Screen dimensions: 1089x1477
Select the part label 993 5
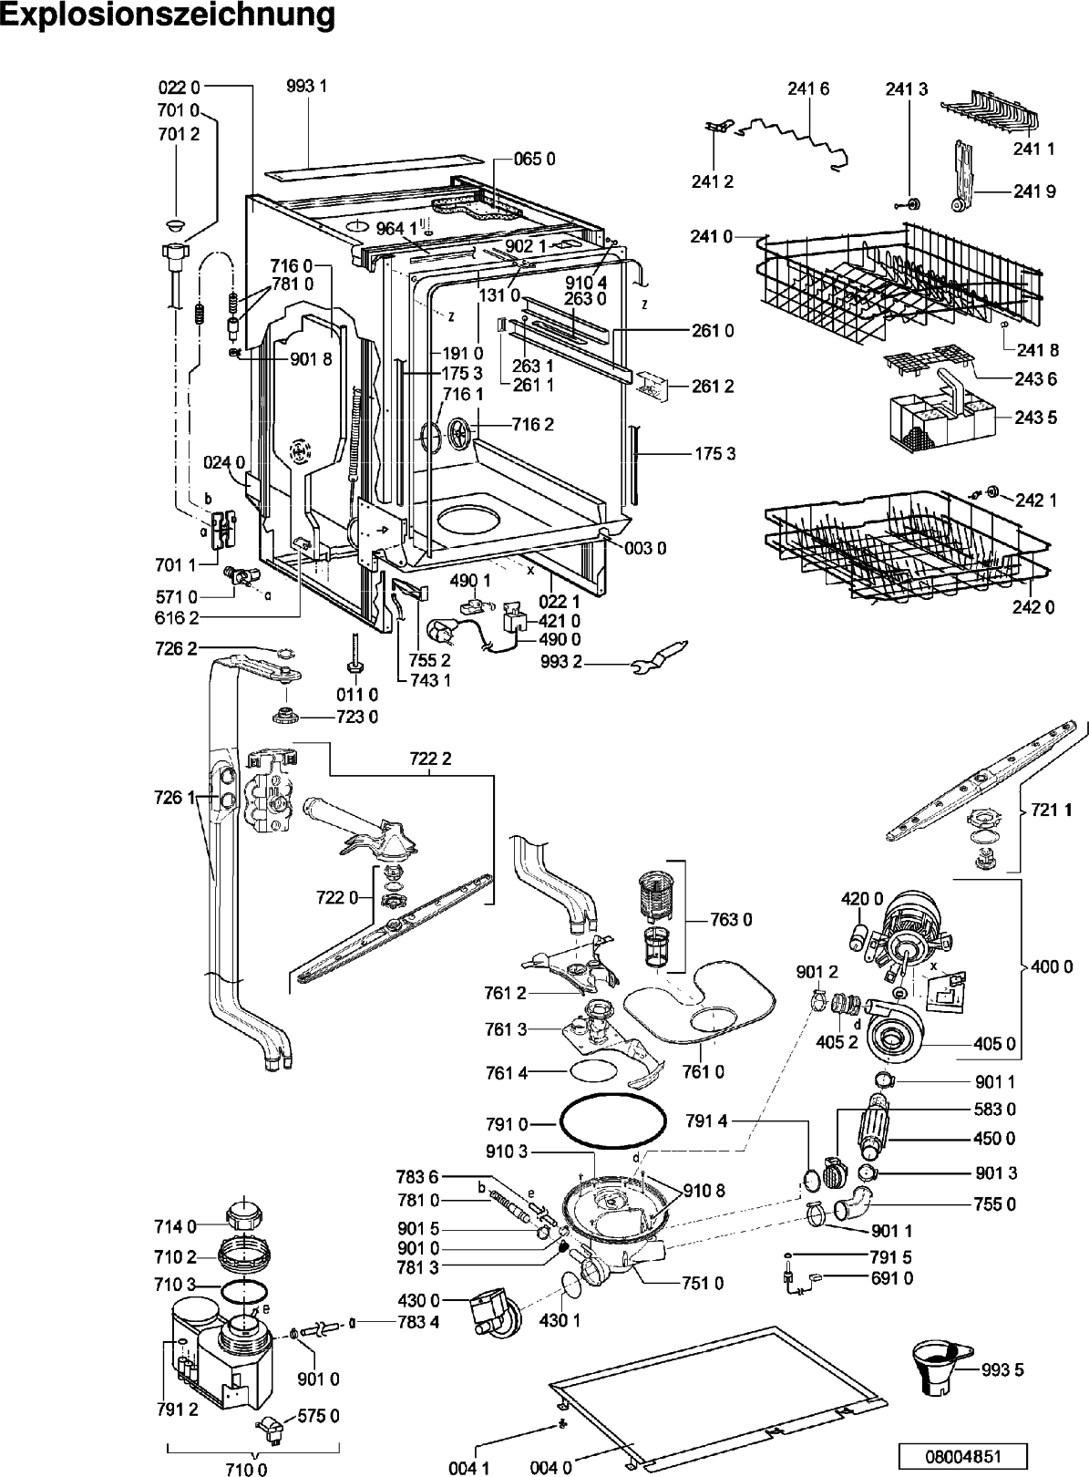(x=1002, y=1370)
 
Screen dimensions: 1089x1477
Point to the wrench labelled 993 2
(x=659, y=656)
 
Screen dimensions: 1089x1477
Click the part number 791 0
(x=507, y=1123)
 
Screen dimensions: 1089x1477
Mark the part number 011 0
(x=356, y=695)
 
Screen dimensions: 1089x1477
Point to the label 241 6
(x=808, y=89)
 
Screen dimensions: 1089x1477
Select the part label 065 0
(x=534, y=159)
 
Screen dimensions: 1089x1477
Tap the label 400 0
(x=1052, y=967)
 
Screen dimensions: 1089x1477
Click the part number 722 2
(x=430, y=759)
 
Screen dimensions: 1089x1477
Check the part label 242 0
(x=1033, y=607)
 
